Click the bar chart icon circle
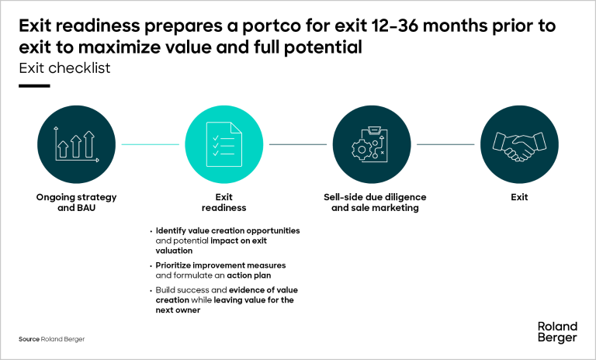click(x=76, y=144)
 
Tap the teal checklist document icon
click(x=223, y=144)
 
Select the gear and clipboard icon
click(x=370, y=144)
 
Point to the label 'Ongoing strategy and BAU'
click(x=76, y=202)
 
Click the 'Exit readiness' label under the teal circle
click(x=223, y=202)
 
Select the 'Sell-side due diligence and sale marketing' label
click(x=375, y=202)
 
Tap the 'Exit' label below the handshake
click(x=519, y=197)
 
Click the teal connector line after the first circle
click(x=150, y=144)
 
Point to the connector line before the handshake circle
click(x=445, y=144)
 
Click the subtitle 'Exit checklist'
click(x=64, y=68)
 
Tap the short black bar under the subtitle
click(x=34, y=86)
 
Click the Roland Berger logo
click(x=557, y=332)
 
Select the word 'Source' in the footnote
click(x=29, y=339)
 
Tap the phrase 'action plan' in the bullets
click(x=249, y=275)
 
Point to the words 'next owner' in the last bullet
click(x=178, y=310)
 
